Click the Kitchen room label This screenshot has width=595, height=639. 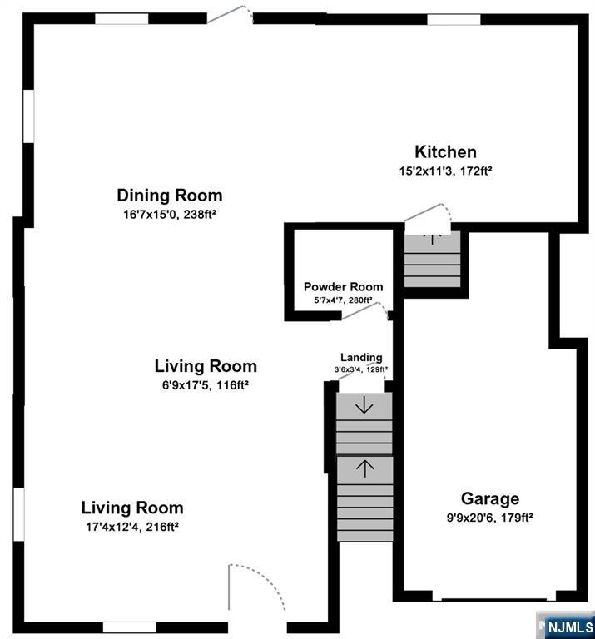445,152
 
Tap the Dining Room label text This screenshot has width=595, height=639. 169,196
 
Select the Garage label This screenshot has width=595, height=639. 490,498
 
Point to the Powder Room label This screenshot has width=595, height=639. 343,286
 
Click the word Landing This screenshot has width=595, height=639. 361,358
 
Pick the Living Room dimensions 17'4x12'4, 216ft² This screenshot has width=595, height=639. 131,526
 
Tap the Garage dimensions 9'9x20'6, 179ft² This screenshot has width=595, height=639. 490,517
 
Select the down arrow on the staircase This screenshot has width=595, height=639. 364,407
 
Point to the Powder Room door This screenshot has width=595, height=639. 364,310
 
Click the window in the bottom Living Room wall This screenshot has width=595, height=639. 129,627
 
